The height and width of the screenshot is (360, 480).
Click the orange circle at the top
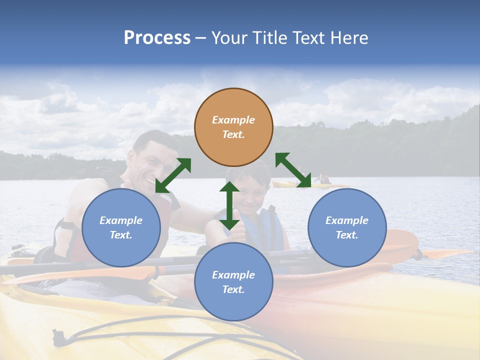(x=233, y=127)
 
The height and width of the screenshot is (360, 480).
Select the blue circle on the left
(x=121, y=227)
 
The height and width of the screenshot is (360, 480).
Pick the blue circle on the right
(x=347, y=227)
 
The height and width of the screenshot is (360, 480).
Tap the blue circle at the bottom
(x=233, y=282)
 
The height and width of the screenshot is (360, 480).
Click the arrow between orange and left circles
(x=173, y=175)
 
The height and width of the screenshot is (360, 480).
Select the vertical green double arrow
(x=229, y=205)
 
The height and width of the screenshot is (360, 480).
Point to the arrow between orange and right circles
(x=293, y=170)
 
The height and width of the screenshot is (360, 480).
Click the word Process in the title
(x=157, y=37)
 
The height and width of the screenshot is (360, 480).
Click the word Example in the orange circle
(x=233, y=120)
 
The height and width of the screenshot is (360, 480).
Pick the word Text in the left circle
(x=121, y=235)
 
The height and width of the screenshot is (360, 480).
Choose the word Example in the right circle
(x=347, y=220)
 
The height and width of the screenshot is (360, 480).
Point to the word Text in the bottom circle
(x=233, y=289)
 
